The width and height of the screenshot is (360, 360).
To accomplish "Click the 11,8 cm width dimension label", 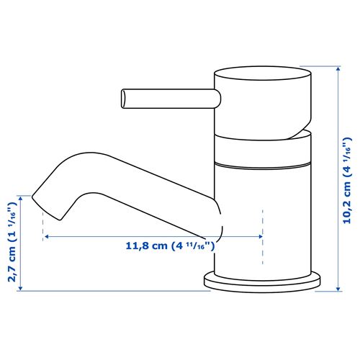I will [171, 246].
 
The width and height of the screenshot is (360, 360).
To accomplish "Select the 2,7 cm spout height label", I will [11, 242].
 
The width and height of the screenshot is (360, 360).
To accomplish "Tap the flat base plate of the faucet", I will [262, 281].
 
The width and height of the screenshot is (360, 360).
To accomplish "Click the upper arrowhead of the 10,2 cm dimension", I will [338, 70].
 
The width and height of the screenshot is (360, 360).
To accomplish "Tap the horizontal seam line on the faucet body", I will [264, 165].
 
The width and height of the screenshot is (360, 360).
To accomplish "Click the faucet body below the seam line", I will [264, 216].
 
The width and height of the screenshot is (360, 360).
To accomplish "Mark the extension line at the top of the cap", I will [328, 66].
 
